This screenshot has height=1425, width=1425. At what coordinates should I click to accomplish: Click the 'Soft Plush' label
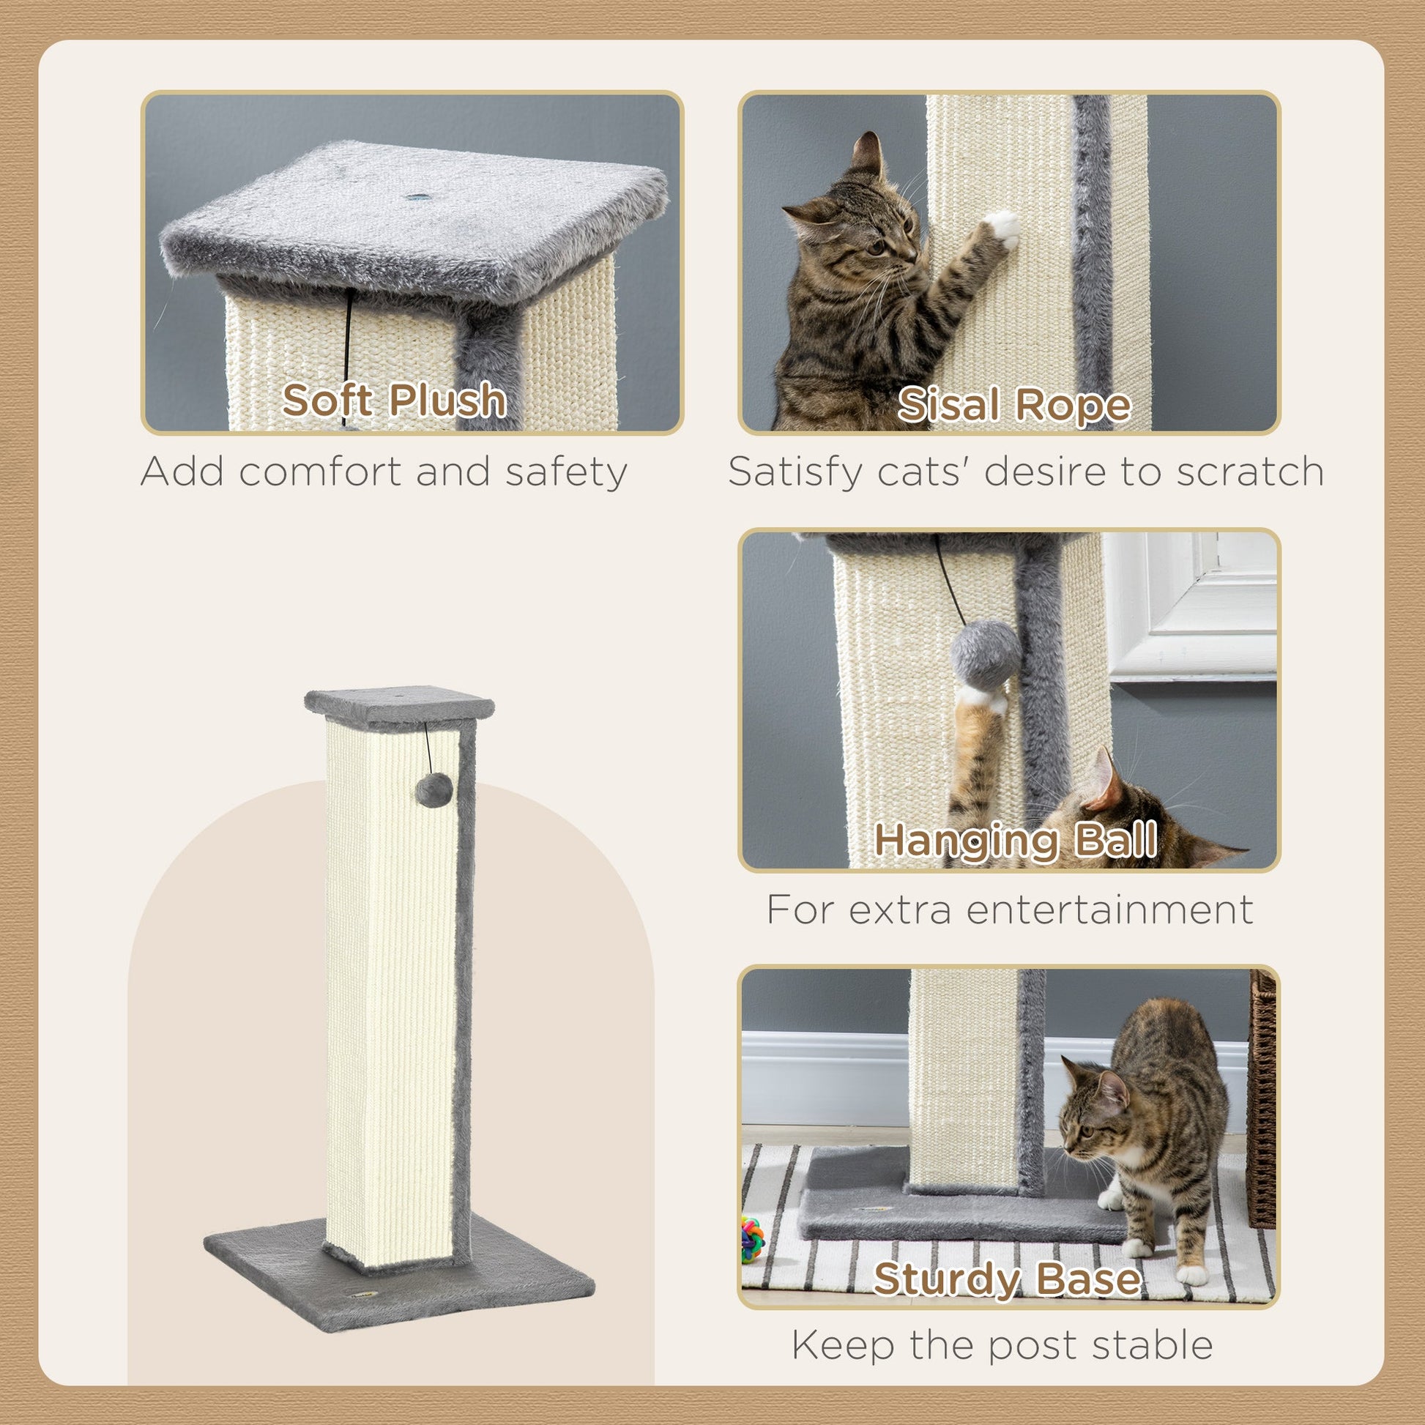(394, 400)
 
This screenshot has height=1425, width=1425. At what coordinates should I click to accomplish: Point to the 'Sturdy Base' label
(1007, 1279)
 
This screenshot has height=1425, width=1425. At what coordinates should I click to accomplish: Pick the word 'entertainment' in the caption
(1109, 909)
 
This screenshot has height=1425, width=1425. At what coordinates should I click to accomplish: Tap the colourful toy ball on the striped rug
(752, 1239)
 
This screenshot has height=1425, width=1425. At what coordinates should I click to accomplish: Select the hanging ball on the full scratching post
(434, 789)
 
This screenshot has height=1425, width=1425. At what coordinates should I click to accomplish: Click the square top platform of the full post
(399, 704)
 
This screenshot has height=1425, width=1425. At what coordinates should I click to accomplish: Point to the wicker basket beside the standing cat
(1262, 1099)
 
